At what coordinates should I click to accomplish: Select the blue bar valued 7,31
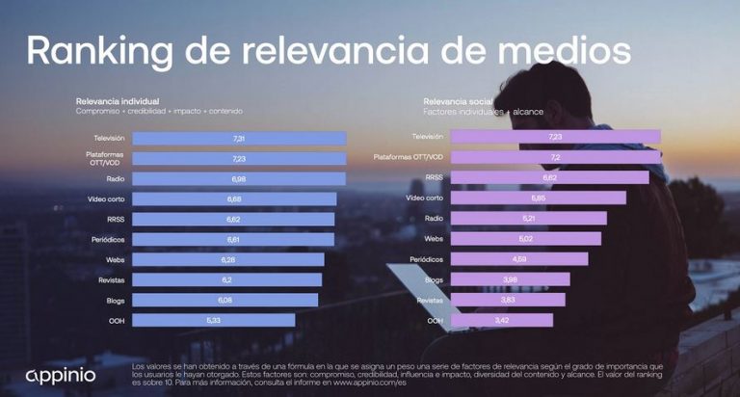point(239,139)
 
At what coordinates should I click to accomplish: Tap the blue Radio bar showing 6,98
point(239,179)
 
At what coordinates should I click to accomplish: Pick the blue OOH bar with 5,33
point(206,320)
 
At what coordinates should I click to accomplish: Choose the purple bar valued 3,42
point(502,320)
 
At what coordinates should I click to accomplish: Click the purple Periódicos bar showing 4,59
point(519,259)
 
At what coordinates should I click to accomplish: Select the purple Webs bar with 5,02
point(526,238)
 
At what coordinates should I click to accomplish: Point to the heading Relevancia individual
point(118,101)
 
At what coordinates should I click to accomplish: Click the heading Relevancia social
point(458,101)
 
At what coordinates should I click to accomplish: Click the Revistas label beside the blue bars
point(110,279)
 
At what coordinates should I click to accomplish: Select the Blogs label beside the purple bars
point(434,279)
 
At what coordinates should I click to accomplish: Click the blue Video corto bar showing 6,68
point(234,198)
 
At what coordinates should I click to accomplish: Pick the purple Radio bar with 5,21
point(529,218)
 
